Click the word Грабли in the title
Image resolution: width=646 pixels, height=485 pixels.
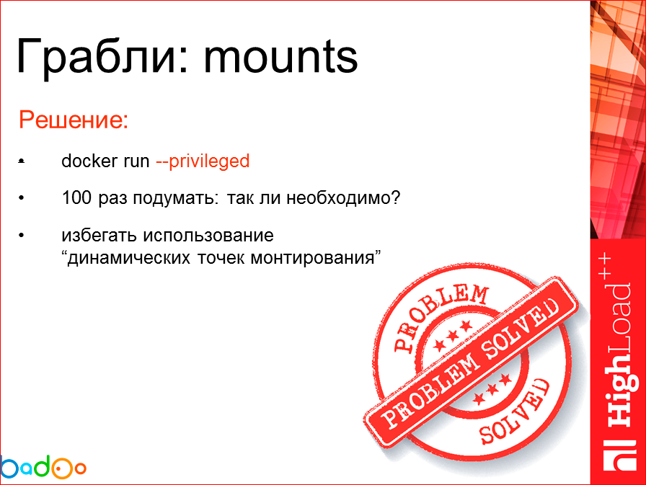pos(93,57)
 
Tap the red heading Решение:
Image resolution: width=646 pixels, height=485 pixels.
pos(74,119)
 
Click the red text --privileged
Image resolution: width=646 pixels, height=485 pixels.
pos(203,161)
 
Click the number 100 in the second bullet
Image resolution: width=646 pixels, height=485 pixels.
pos(75,197)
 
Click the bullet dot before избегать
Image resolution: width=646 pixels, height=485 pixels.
pos(22,236)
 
